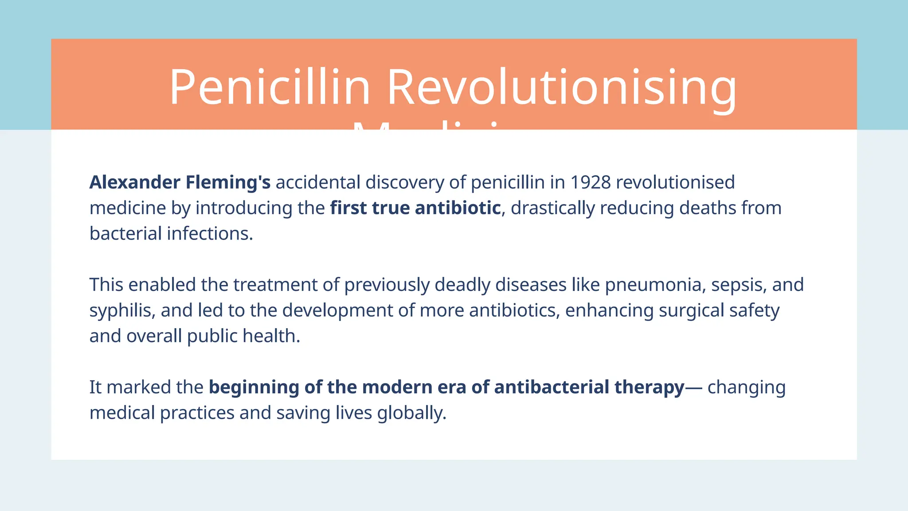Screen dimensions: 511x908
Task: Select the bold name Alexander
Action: [135, 182]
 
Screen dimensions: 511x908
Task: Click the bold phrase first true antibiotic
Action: [415, 208]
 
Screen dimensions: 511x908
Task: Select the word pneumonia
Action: [655, 285]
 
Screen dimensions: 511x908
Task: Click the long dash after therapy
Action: [694, 387]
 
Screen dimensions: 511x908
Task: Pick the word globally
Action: [411, 413]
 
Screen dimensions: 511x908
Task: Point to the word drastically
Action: [552, 208]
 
